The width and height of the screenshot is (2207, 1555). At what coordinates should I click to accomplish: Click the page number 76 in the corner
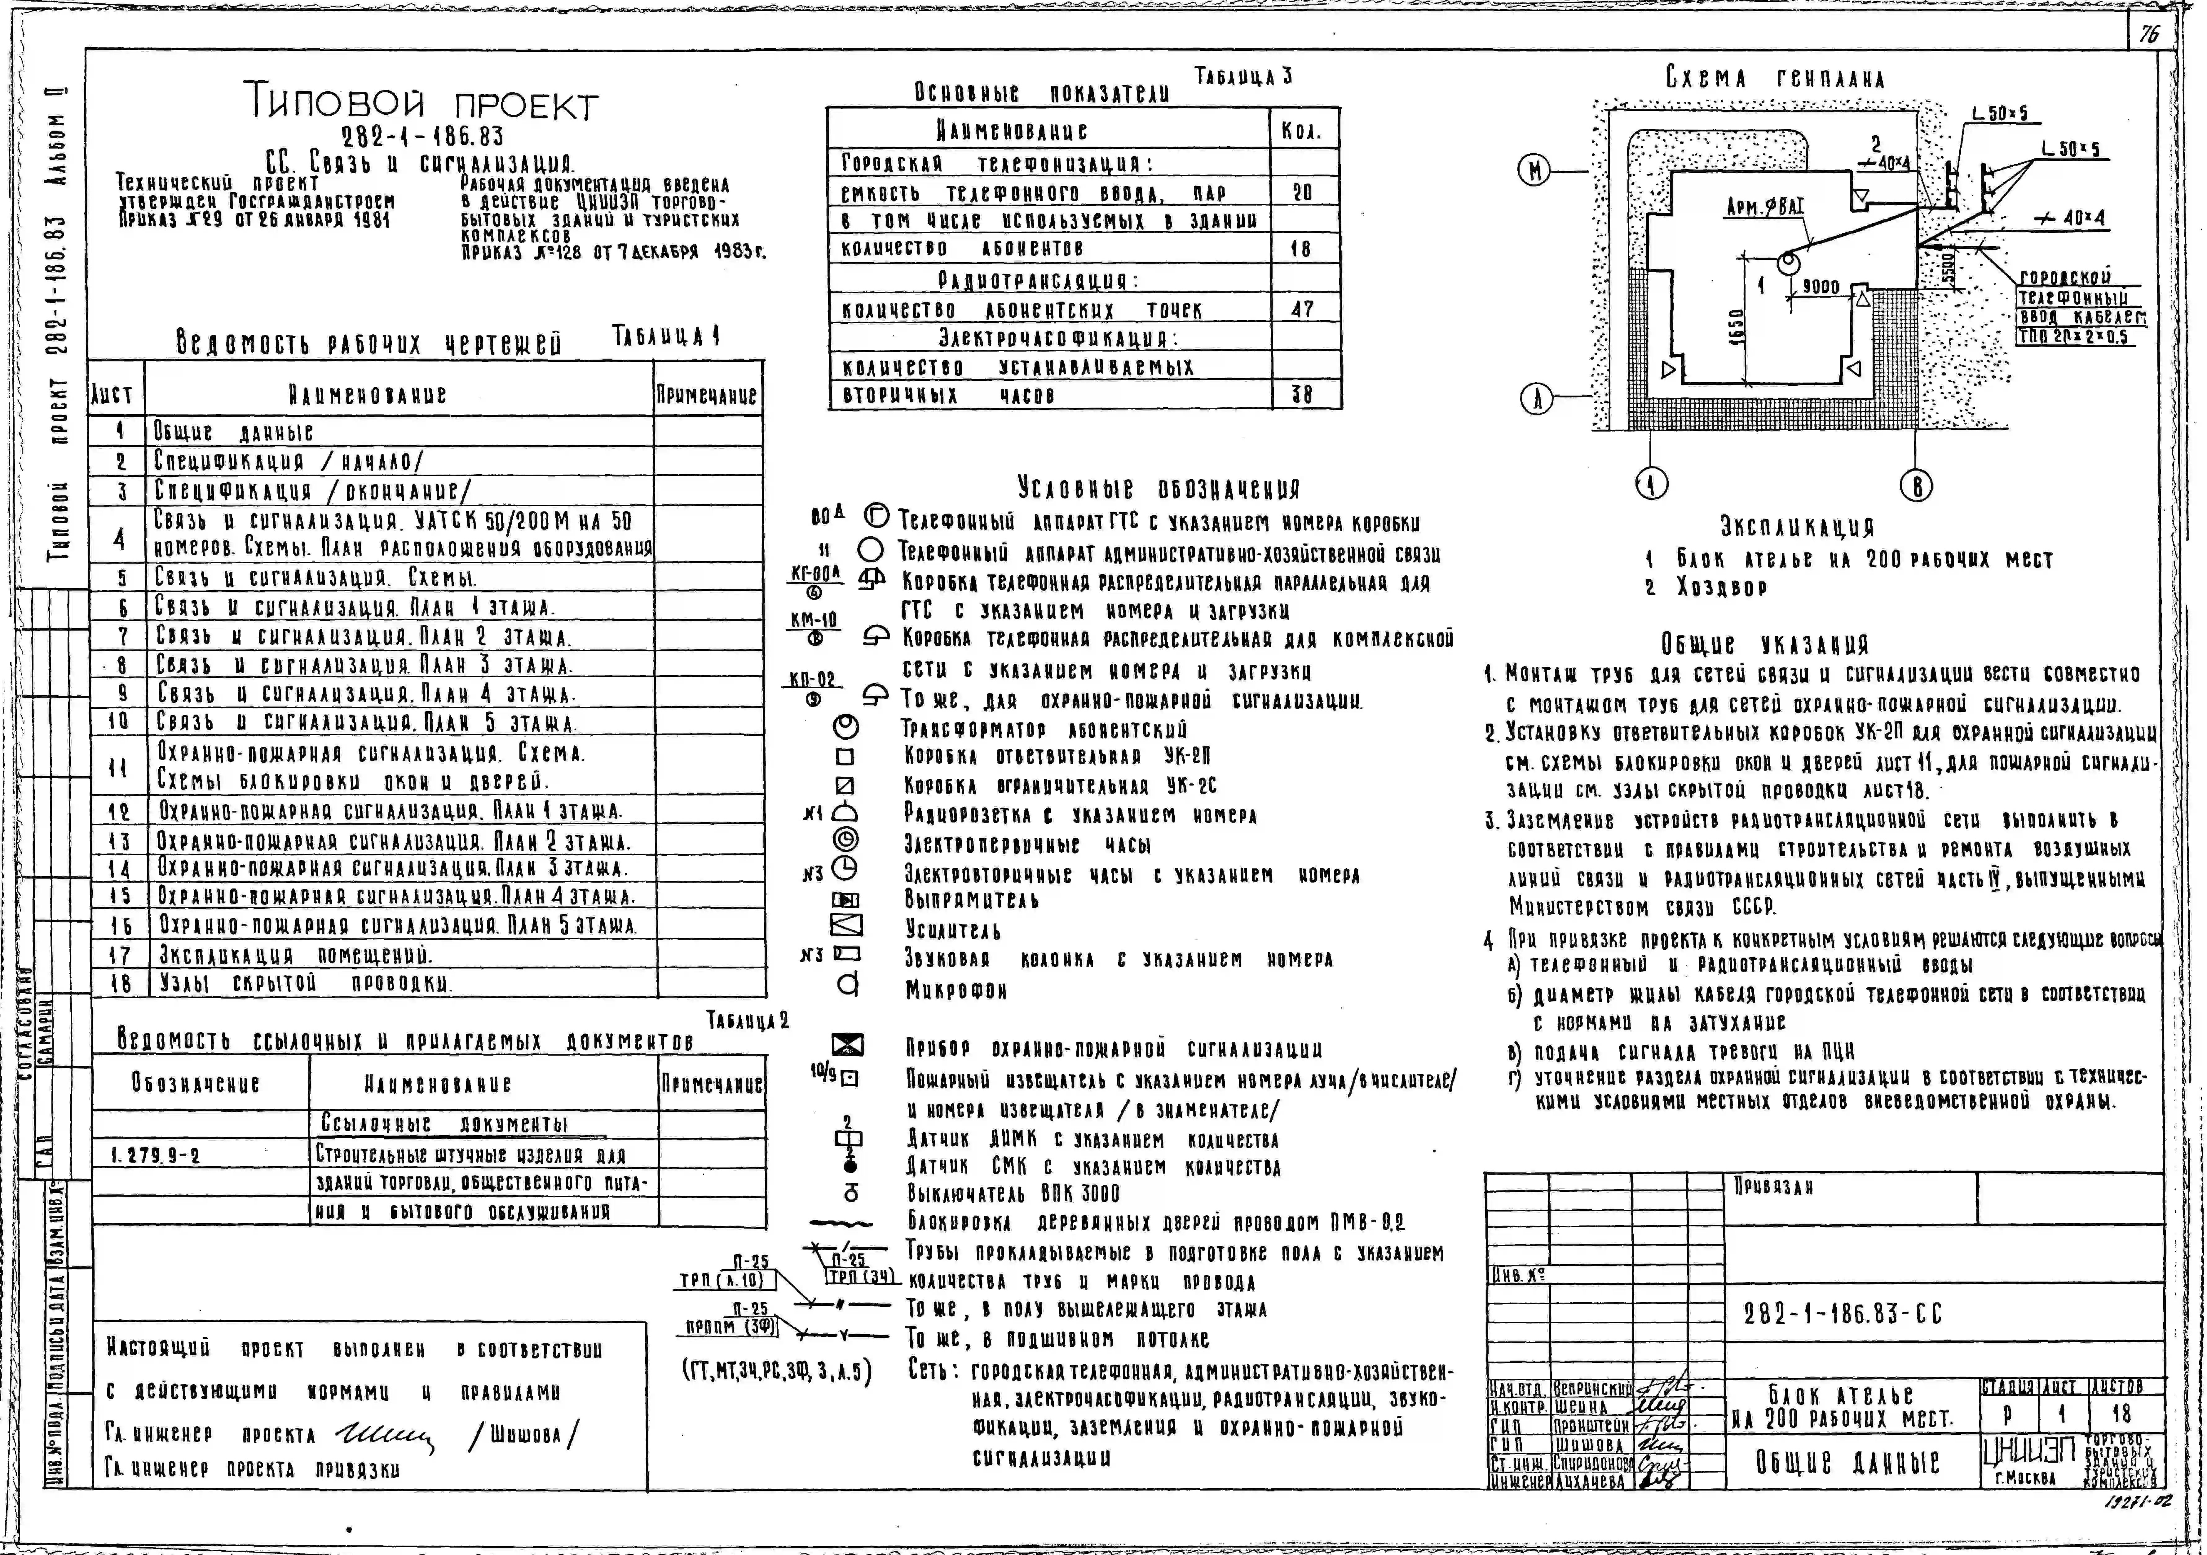click(x=2148, y=35)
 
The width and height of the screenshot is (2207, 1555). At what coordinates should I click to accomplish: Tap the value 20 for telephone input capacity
click(x=1303, y=192)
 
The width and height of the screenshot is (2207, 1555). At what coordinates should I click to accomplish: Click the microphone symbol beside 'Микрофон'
click(x=848, y=986)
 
